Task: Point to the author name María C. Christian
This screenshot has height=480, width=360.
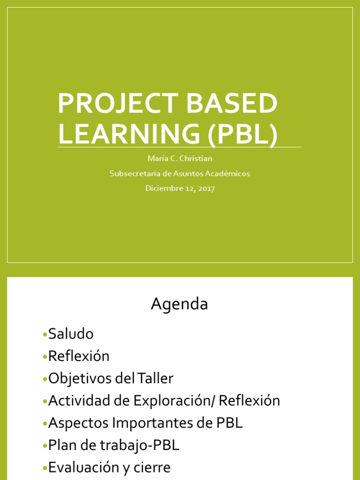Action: tap(180, 158)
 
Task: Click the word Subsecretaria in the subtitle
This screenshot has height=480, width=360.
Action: tap(133, 173)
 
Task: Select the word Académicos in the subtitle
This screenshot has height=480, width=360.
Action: tap(227, 173)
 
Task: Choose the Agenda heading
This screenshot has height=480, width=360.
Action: tap(179, 304)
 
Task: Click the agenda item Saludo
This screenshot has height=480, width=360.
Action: tap(71, 334)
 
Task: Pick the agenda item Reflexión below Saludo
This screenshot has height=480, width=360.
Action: tap(79, 356)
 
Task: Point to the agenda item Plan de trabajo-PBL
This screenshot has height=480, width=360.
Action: tap(113, 445)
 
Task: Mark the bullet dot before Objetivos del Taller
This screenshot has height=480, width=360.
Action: tap(45, 379)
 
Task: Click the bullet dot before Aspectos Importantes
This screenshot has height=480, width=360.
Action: tap(45, 424)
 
